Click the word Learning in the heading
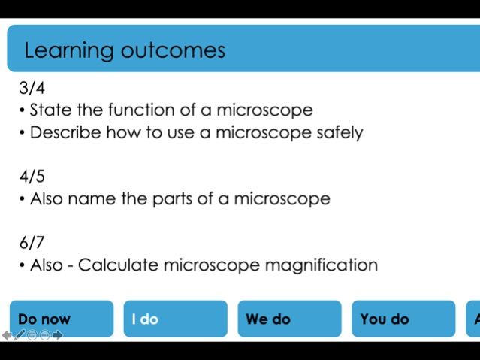[x=66, y=50]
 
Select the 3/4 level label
[x=32, y=88]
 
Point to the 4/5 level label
[x=32, y=177]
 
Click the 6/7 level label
[x=32, y=242]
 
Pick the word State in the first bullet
[x=51, y=110]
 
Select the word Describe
[x=65, y=133]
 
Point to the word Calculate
[x=118, y=265]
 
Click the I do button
[x=175, y=319]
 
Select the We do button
[x=289, y=319]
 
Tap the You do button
[x=403, y=319]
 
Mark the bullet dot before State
[x=23, y=111]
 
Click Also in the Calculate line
[x=47, y=265]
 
